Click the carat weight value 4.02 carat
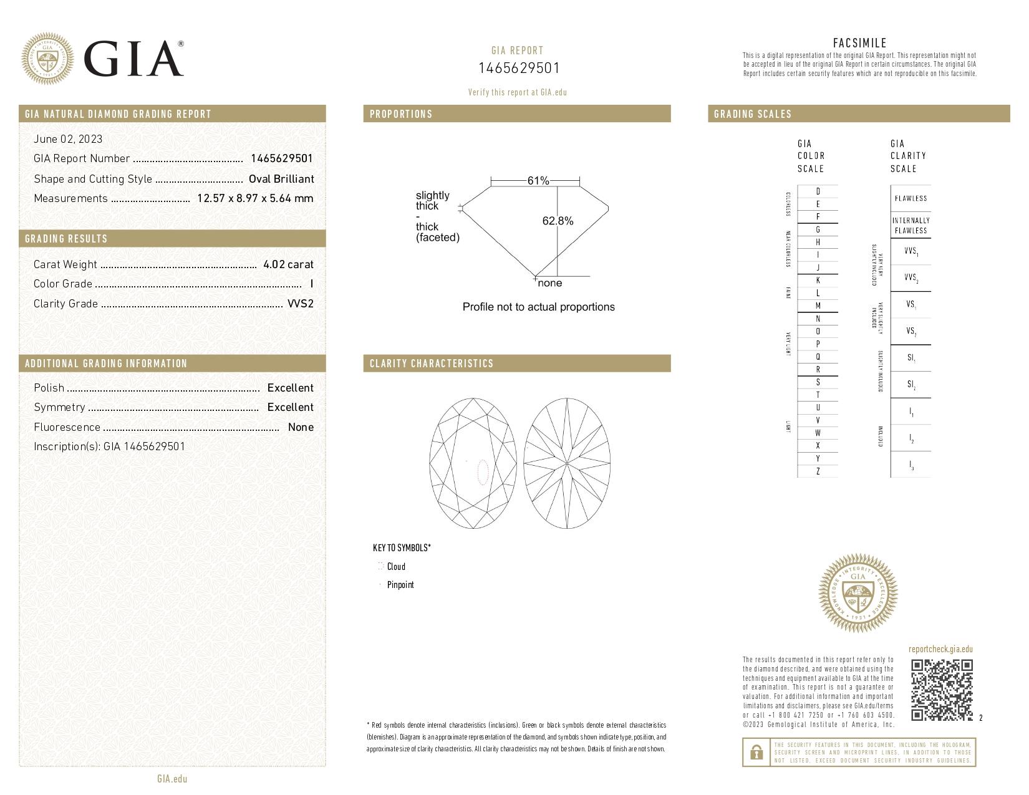(x=288, y=264)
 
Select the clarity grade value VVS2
(x=300, y=304)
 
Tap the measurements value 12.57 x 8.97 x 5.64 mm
(x=255, y=198)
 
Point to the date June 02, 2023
(x=68, y=139)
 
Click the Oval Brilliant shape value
(x=281, y=179)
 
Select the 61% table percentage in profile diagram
(x=538, y=181)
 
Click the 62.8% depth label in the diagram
(x=558, y=221)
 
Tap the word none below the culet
(x=549, y=283)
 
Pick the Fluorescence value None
(x=301, y=427)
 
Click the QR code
(x=942, y=690)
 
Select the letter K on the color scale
(x=818, y=281)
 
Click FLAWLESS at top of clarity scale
(x=911, y=198)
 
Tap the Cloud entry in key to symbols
(x=395, y=567)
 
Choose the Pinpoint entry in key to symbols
(x=400, y=585)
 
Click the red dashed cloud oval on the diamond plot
(x=482, y=472)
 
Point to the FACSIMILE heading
(x=859, y=43)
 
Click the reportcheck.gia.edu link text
(x=940, y=649)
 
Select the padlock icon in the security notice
(x=756, y=753)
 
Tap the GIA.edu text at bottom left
(x=172, y=779)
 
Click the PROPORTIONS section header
(x=401, y=114)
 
